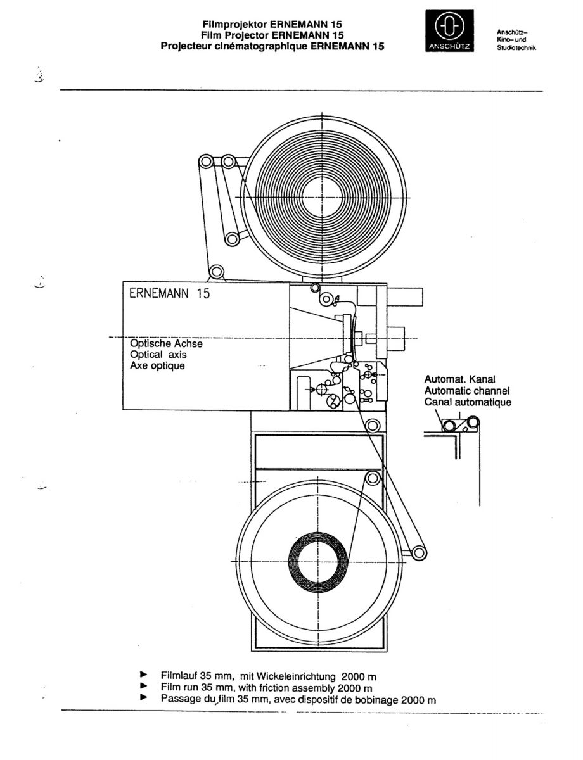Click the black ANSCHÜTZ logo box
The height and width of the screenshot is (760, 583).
(449, 31)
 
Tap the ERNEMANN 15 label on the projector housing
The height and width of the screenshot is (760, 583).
(169, 293)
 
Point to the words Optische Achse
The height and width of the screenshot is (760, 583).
(166, 343)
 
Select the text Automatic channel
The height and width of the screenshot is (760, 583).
(467, 390)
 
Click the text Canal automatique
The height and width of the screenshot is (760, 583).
(468, 402)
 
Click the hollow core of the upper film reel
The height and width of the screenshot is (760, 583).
(321, 197)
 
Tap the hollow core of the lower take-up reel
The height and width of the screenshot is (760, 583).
(318, 561)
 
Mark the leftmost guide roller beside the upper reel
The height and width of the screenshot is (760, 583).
(206, 161)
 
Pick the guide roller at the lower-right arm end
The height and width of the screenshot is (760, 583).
(418, 553)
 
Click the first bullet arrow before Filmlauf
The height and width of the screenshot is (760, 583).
(143, 674)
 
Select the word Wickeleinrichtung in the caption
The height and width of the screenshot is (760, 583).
(296, 676)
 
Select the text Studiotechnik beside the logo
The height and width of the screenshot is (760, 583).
(516, 47)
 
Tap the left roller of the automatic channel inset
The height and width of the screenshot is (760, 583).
(449, 426)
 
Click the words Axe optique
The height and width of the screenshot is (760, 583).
(157, 365)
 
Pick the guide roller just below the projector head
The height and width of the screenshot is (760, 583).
(371, 426)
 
